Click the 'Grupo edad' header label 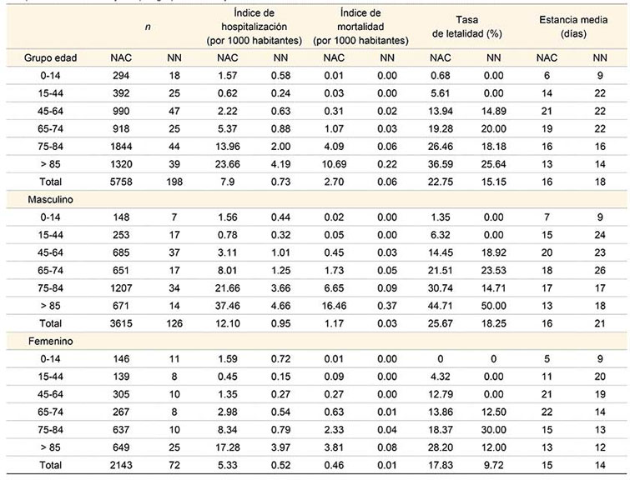(x=28, y=58)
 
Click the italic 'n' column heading (x=148, y=27)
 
